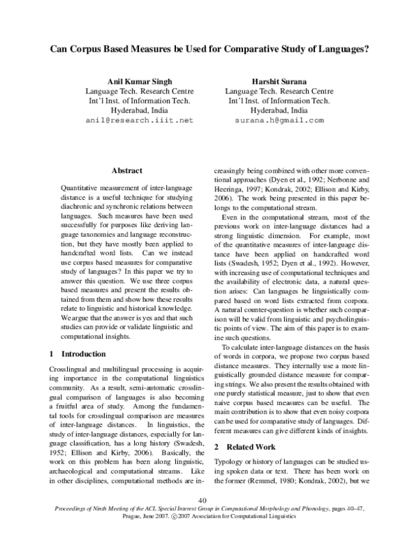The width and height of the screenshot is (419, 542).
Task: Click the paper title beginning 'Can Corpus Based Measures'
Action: click(x=209, y=50)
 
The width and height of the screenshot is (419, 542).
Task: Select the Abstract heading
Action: click(x=126, y=170)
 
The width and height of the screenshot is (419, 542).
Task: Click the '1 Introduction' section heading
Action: click(x=78, y=354)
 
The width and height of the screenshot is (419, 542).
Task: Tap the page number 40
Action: click(x=203, y=500)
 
